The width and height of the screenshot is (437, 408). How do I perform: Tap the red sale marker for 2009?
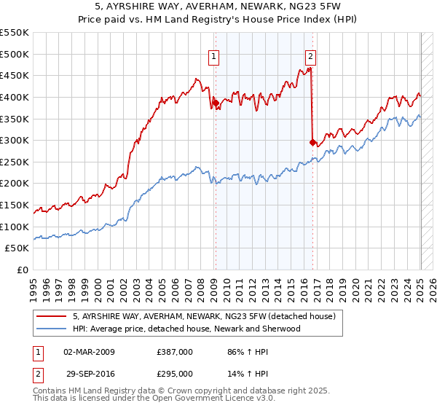[x=216, y=103]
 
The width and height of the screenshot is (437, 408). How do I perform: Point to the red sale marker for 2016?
[x=312, y=143]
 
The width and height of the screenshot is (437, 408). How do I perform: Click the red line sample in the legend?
[x=52, y=317]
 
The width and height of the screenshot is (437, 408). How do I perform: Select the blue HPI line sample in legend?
[x=52, y=329]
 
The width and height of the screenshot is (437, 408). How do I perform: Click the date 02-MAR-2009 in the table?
[x=89, y=352]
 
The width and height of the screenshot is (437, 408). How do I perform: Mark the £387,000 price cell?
[x=175, y=352]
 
